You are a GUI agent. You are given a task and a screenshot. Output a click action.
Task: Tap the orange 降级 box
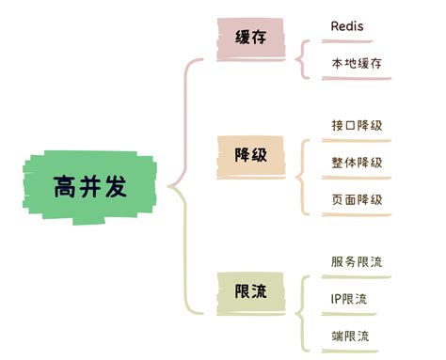[249, 153]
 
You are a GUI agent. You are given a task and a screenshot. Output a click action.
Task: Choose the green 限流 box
[249, 291]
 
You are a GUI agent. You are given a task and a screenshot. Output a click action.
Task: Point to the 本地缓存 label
[357, 64]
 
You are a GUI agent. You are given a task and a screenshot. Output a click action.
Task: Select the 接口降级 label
[357, 125]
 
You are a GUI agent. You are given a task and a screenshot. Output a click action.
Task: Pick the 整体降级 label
[357, 162]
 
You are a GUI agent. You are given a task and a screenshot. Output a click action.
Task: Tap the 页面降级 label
[357, 199]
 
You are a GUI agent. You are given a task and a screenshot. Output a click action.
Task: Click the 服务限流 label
[357, 261]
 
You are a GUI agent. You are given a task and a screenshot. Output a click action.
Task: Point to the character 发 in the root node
[116, 186]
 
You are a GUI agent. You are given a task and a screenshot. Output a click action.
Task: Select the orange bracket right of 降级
[302, 175]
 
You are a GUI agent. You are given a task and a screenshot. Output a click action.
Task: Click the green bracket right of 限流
[302, 311]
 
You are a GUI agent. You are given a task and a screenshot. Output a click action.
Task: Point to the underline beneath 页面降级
[356, 215]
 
